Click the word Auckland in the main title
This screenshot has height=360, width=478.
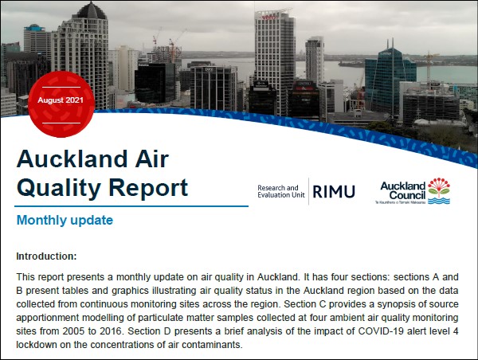point(72,158)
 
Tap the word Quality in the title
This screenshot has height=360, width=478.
point(59,188)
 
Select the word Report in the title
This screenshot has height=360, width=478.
point(148,188)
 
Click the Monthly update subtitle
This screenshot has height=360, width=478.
point(65,220)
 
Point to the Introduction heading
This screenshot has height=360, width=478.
point(46,256)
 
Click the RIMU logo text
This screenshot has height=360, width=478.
point(334,192)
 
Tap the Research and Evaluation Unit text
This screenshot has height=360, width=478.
point(280,191)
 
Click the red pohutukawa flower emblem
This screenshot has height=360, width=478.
point(439,186)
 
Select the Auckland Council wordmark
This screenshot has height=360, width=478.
point(402,190)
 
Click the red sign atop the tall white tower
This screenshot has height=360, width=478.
point(268,18)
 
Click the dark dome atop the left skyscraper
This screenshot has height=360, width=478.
point(91,10)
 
